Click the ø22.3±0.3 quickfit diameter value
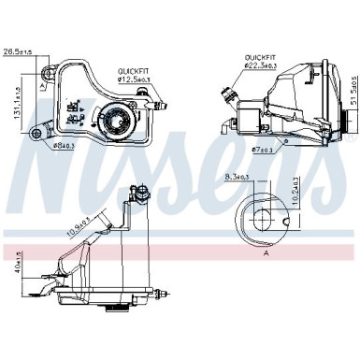pos(259,65)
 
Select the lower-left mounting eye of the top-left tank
pos(39,133)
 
